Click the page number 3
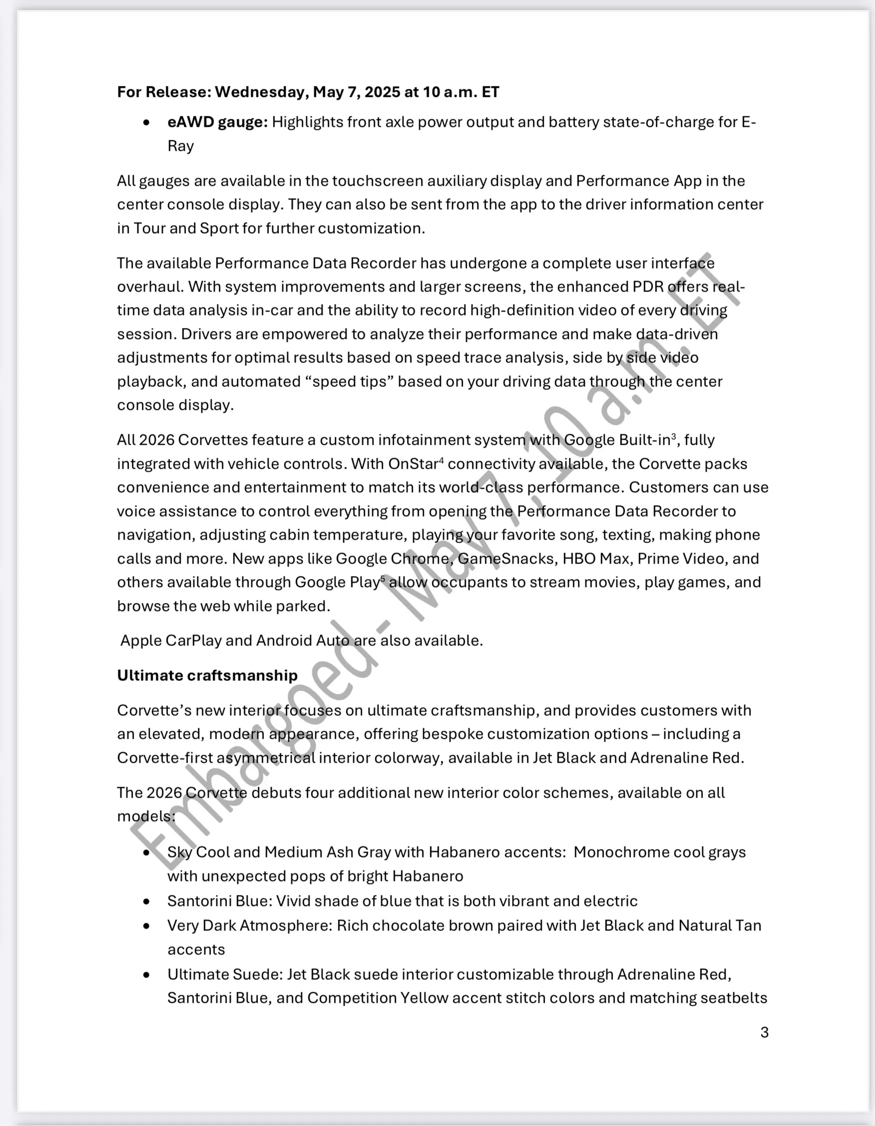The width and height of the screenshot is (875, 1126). pyautogui.click(x=764, y=1032)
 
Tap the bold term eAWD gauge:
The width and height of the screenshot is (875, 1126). pyautogui.click(x=217, y=122)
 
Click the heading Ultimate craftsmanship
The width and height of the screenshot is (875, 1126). pyautogui.click(x=207, y=675)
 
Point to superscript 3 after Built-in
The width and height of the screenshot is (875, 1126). pyautogui.click(x=674, y=436)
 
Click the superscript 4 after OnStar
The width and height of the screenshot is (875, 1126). pyautogui.click(x=441, y=460)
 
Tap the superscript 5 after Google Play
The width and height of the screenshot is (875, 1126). pyautogui.click(x=382, y=578)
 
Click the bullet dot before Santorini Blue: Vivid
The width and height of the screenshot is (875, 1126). pyautogui.click(x=147, y=902)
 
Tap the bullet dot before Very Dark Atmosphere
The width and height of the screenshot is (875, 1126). pyautogui.click(x=147, y=926)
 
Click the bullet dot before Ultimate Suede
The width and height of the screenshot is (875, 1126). pyautogui.click(x=147, y=975)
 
